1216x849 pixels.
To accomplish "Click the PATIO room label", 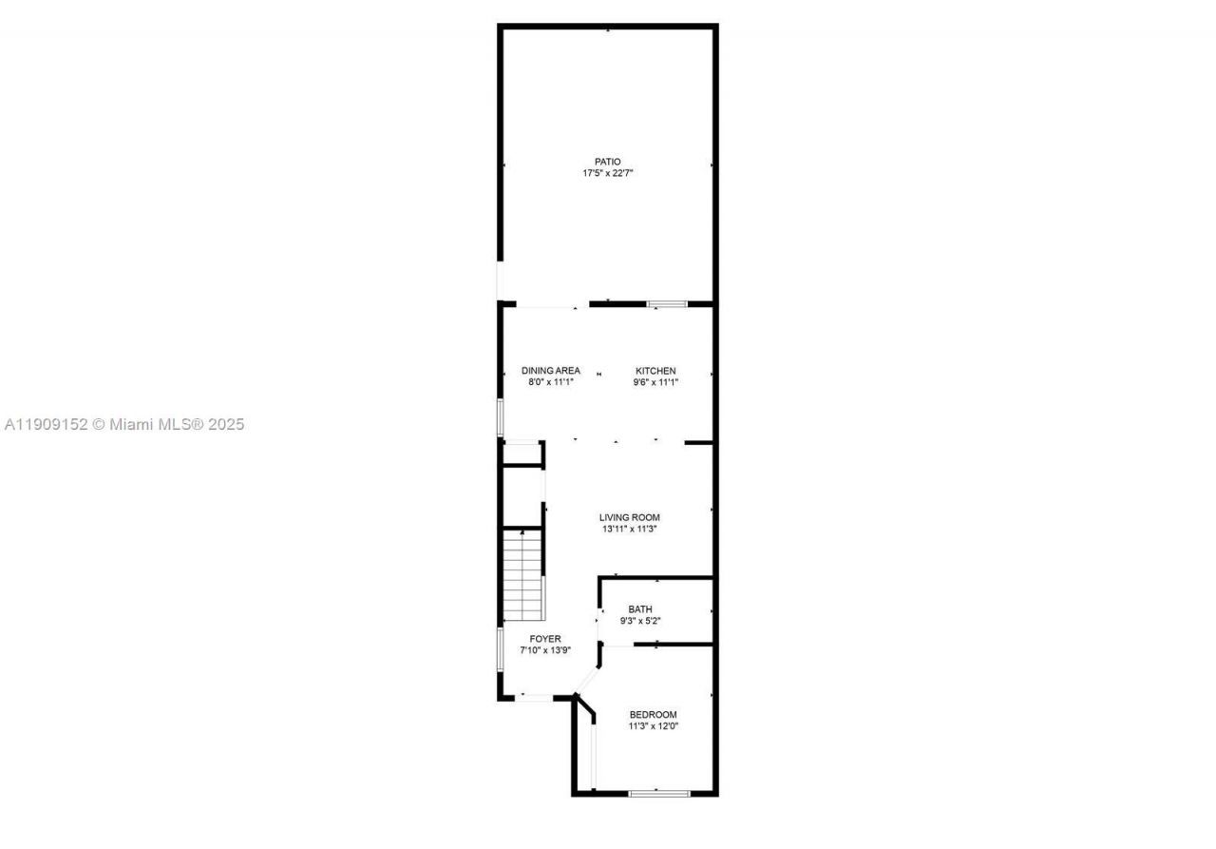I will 607,162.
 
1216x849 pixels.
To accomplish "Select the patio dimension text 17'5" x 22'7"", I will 607,174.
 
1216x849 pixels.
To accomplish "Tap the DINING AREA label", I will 550,371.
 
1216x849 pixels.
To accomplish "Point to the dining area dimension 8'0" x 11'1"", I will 550,382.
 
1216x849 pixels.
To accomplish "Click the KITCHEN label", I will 655,371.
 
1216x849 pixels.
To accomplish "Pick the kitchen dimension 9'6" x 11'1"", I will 655,382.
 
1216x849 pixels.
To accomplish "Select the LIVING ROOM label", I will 629,518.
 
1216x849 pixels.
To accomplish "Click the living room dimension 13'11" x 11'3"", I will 629,530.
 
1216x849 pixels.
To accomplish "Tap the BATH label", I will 640,609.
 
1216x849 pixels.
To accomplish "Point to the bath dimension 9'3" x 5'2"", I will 640,621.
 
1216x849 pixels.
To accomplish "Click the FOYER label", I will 545,639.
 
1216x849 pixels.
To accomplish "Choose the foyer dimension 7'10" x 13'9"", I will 545,650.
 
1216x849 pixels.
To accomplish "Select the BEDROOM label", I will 654,715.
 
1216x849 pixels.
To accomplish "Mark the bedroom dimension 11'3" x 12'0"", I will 654,726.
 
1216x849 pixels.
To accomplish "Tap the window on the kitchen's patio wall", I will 667,304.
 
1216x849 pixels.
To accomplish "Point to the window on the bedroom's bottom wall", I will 658,793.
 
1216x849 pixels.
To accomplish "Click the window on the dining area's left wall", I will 501,417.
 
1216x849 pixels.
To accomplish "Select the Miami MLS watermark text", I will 124,424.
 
